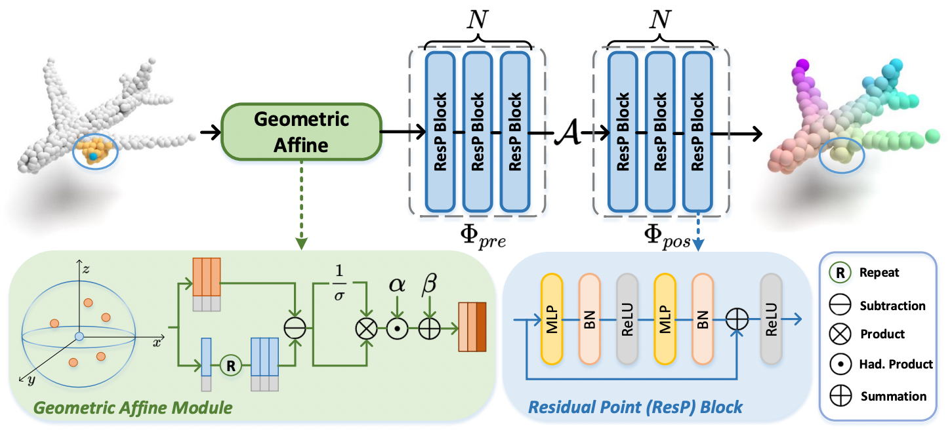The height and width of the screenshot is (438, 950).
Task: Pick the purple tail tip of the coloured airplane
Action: tap(801, 65)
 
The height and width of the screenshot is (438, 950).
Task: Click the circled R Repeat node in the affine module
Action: tap(230, 365)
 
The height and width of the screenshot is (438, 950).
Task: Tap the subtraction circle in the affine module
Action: tap(291, 326)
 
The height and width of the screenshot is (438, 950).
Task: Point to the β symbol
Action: tap(430, 284)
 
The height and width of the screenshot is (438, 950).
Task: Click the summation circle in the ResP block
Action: tap(737, 321)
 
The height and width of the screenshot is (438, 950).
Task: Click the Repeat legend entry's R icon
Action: tap(842, 272)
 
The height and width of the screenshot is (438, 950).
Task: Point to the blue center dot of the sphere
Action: tap(79, 336)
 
